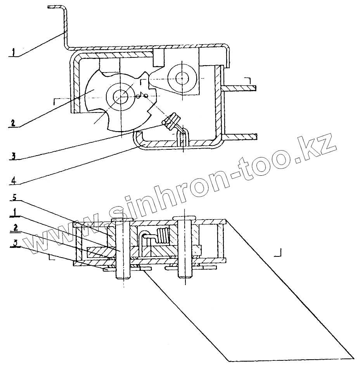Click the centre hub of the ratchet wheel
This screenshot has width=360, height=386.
coord(121,94)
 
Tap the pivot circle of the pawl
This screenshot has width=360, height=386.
coord(181,78)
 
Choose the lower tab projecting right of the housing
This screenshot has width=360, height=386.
coord(241,137)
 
